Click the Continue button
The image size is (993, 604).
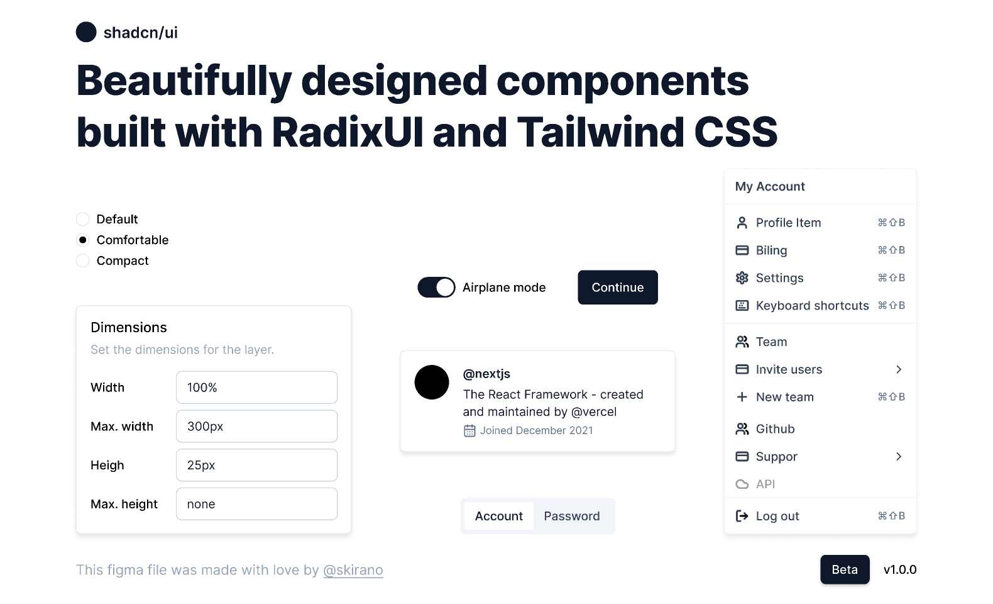point(618,287)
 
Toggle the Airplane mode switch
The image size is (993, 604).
point(436,287)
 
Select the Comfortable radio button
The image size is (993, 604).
point(82,240)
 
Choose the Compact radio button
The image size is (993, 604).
point(82,260)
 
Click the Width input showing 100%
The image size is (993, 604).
point(256,388)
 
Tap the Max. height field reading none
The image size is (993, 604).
point(256,504)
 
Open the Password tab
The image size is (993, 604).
point(572,516)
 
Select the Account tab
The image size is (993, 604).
point(499,516)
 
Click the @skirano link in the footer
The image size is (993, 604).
point(353,570)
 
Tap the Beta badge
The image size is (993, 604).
point(845,569)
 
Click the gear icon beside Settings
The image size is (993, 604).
point(742,278)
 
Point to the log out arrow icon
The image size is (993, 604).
point(742,516)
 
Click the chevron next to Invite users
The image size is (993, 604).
point(899,369)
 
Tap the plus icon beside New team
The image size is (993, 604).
point(742,397)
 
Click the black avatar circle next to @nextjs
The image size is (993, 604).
point(432,382)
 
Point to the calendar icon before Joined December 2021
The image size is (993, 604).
point(469,430)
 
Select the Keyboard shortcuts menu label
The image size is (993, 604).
point(812,306)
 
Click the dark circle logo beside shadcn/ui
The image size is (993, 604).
point(86,32)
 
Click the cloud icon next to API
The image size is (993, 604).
point(742,484)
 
